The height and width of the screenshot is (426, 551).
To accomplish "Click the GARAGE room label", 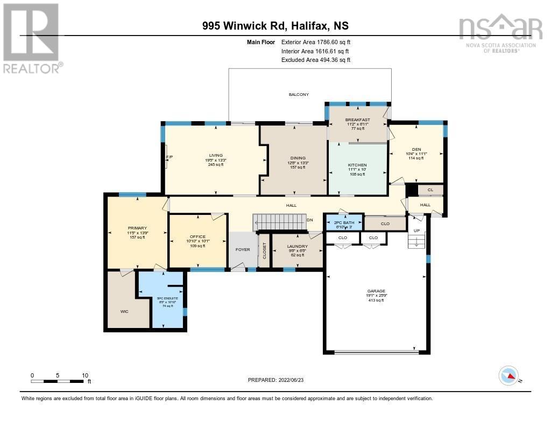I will (x=376, y=291).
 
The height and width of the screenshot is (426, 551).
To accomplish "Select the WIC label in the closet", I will (x=124, y=311).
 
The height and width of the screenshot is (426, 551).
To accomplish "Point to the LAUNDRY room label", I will (x=297, y=246).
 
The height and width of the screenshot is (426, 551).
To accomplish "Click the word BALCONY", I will (x=299, y=94).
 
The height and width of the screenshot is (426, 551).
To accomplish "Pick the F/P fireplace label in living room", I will (x=169, y=157).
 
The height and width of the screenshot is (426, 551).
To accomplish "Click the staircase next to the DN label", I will (x=279, y=221).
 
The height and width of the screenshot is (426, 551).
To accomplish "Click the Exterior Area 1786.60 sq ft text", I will (x=316, y=42).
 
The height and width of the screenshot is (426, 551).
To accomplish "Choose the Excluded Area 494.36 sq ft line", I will (x=316, y=60).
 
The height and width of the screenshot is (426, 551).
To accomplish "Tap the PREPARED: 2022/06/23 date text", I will (x=279, y=380).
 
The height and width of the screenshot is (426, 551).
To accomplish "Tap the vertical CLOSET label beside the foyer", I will (x=264, y=250).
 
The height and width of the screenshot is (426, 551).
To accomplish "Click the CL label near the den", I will (x=430, y=190).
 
